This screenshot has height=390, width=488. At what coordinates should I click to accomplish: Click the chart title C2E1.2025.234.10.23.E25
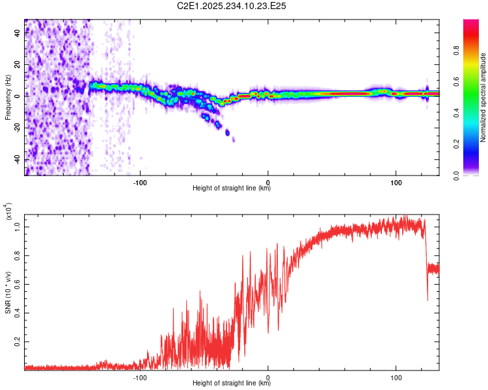pos(231,6)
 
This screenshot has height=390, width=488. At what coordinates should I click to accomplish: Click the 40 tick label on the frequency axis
pos(18,33)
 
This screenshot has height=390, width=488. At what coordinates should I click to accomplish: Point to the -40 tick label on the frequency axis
pos(18,159)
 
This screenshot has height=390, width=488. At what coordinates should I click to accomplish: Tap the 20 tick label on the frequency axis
pos(18,65)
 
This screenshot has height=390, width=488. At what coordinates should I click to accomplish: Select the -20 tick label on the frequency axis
pos(18,128)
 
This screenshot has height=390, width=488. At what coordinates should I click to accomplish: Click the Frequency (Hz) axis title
pos(8,97)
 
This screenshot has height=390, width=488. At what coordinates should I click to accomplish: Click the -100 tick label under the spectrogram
pos(140,183)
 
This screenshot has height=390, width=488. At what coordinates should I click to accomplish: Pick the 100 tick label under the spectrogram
pos(396,183)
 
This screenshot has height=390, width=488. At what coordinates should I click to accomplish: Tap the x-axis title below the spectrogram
pos(232,188)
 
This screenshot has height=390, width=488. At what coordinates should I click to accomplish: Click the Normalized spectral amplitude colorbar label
pos(483,97)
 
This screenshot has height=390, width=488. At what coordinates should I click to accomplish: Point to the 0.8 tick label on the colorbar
pos(456,50)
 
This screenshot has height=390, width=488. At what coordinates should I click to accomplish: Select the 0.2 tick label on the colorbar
pos(456,144)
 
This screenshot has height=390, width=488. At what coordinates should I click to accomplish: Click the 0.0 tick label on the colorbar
pos(456,176)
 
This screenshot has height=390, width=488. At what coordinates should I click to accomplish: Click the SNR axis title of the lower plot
pos(8,292)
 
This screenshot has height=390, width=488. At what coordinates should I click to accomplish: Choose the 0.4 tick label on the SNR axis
pos(18,313)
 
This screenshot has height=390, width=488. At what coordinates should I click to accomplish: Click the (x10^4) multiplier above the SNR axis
pos(8,211)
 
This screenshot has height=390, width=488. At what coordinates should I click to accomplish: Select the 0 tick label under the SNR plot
pos(268,378)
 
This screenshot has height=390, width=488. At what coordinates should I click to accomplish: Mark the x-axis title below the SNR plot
pos(232,383)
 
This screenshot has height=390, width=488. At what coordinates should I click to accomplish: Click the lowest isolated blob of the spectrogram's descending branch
pos(234,140)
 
